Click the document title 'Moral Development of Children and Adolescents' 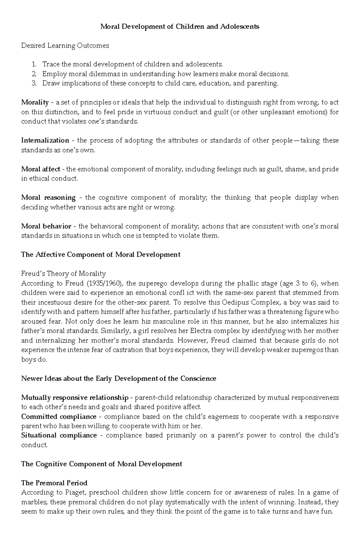[x=180, y=27]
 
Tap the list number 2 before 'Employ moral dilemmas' [x=34, y=74]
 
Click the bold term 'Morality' [x=35, y=103]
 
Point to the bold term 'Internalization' [x=45, y=141]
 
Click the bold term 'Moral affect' [x=40, y=169]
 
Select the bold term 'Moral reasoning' [x=48, y=198]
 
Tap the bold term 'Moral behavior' [x=46, y=226]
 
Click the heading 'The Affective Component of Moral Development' [x=101, y=255]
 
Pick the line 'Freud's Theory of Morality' [x=63, y=274]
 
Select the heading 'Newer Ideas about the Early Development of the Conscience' [x=118, y=379]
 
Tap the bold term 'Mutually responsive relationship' [x=75, y=398]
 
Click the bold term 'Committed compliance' [x=59, y=417]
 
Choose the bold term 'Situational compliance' [x=59, y=436]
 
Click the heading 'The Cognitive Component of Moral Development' [x=101, y=464]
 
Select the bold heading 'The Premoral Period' [x=54, y=483]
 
